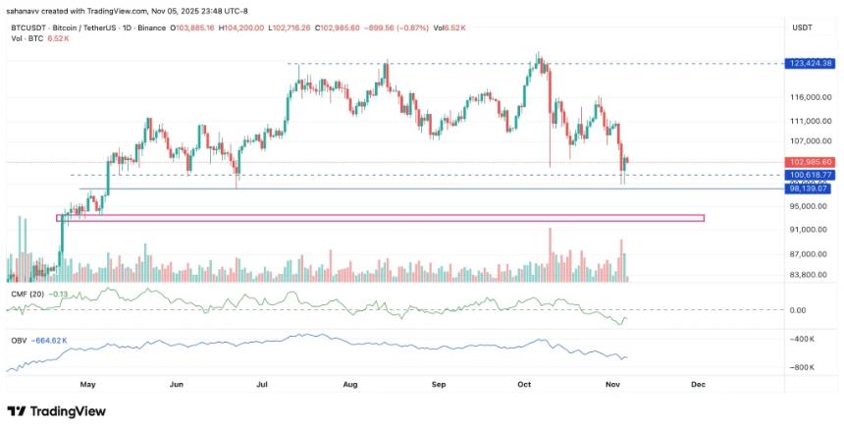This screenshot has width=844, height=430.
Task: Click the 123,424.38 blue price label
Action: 810,63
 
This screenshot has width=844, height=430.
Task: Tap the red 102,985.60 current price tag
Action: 810,161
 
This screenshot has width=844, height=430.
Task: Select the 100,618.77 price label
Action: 810,175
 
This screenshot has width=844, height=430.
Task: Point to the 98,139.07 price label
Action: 810,188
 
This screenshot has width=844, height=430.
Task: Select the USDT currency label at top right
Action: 803,27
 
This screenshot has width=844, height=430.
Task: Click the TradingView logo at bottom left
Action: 56,411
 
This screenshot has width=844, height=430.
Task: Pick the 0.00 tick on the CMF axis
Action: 797,310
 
